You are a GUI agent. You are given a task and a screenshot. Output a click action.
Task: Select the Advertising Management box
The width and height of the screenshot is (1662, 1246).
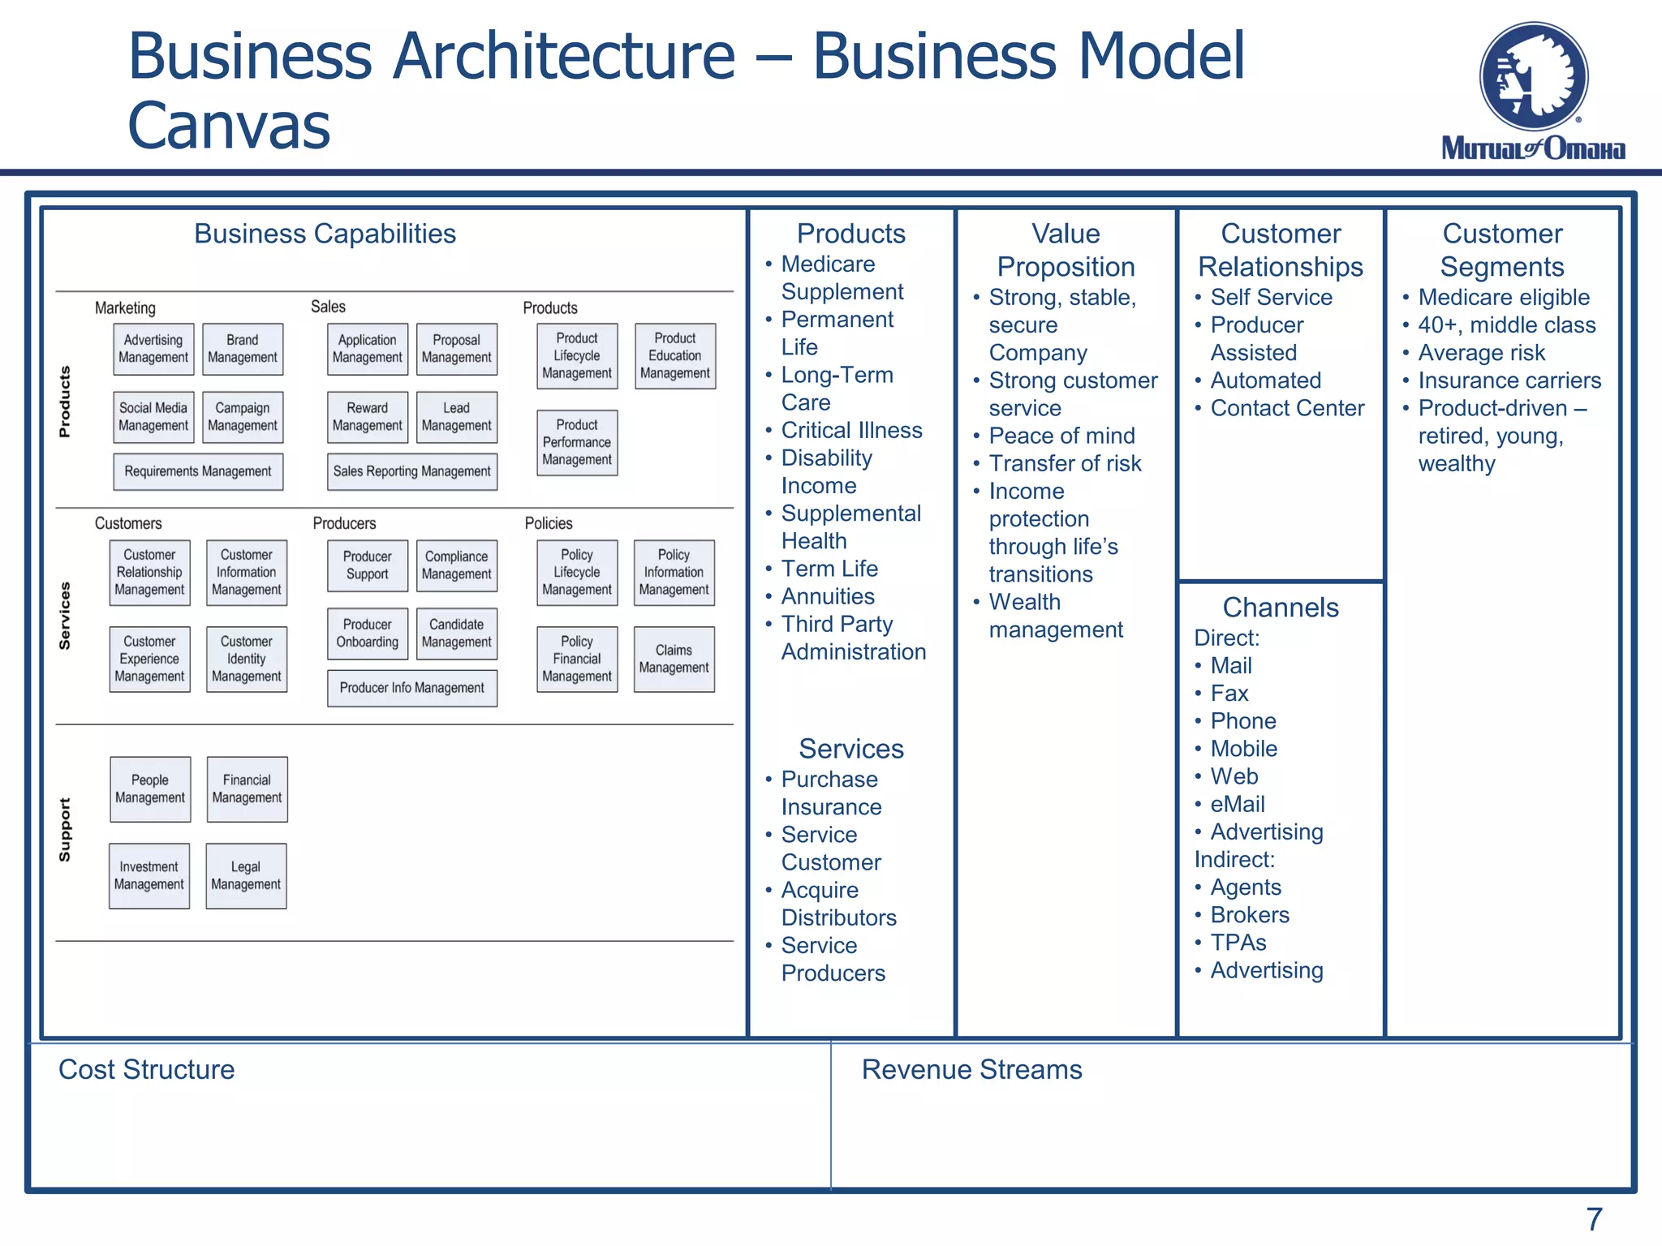pos(153,349)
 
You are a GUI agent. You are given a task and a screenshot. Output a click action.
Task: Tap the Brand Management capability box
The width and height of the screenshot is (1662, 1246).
pos(243,349)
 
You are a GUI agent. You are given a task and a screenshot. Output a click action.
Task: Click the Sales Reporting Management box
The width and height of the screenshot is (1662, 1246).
pos(412,471)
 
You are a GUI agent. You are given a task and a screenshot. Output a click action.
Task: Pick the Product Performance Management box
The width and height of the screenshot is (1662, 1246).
pos(577,442)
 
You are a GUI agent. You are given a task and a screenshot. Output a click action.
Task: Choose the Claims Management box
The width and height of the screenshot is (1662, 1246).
pos(674,659)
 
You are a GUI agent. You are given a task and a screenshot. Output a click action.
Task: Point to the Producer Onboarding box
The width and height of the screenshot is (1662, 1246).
pos(368,634)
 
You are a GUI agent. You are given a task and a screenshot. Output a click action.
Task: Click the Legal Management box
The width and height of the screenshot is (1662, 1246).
pos(246,876)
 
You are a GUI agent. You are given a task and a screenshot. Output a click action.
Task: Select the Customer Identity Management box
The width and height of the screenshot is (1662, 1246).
pos(247,659)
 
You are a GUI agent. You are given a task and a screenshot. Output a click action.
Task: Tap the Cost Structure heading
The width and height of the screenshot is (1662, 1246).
pos(146,1069)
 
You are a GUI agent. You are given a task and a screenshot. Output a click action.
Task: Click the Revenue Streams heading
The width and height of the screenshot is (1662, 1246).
pos(971,1069)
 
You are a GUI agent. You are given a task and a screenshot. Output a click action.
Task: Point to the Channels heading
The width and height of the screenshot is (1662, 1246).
pos(1281,607)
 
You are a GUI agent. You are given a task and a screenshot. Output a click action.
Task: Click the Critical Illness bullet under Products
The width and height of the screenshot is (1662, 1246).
pos(851,430)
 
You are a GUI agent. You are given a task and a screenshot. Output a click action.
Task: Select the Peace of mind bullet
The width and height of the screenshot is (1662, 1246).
pos(1061,436)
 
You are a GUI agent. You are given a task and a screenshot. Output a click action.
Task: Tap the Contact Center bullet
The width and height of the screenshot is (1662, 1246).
pos(1287,408)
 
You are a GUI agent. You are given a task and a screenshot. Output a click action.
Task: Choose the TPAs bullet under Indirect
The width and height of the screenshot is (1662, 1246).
pos(1238,943)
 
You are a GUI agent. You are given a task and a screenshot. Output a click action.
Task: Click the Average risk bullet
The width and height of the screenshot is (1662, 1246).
pos(1481,353)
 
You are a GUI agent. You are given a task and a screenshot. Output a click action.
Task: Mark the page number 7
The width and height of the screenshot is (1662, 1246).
pos(1594,1219)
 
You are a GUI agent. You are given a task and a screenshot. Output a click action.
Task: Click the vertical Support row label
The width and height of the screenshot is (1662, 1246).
pos(65,830)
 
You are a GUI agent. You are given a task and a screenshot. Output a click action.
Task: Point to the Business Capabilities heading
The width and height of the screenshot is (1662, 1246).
pos(325,234)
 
